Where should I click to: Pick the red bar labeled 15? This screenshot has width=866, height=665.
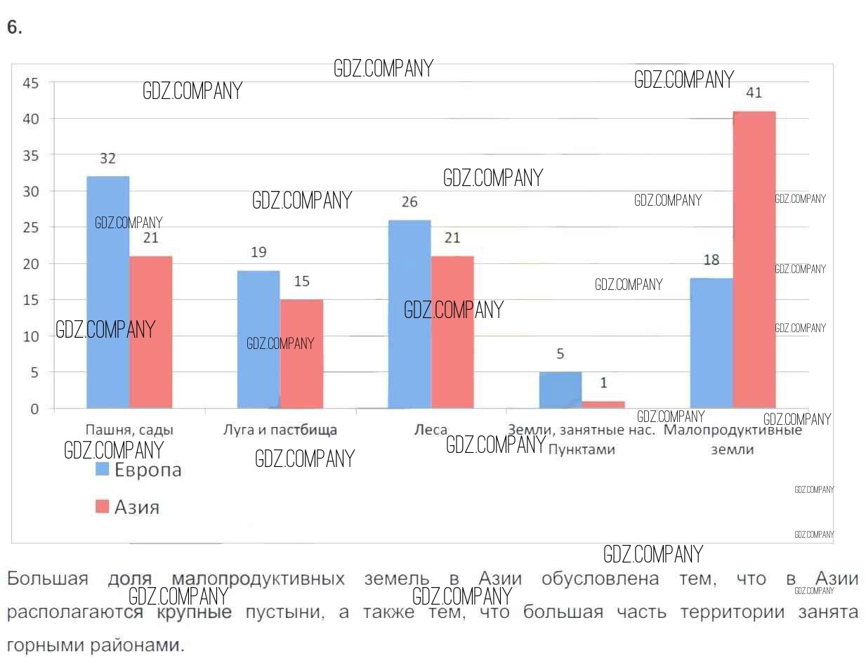coord(302,354)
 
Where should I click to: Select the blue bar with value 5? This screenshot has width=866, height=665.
coord(560,390)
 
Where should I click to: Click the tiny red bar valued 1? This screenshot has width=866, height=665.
coord(603,404)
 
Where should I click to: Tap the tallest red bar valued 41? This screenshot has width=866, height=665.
coord(754,259)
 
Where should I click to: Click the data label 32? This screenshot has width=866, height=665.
coord(107,159)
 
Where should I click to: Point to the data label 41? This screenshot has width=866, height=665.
coord(754,93)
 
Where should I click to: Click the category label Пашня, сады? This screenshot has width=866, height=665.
coord(129,430)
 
